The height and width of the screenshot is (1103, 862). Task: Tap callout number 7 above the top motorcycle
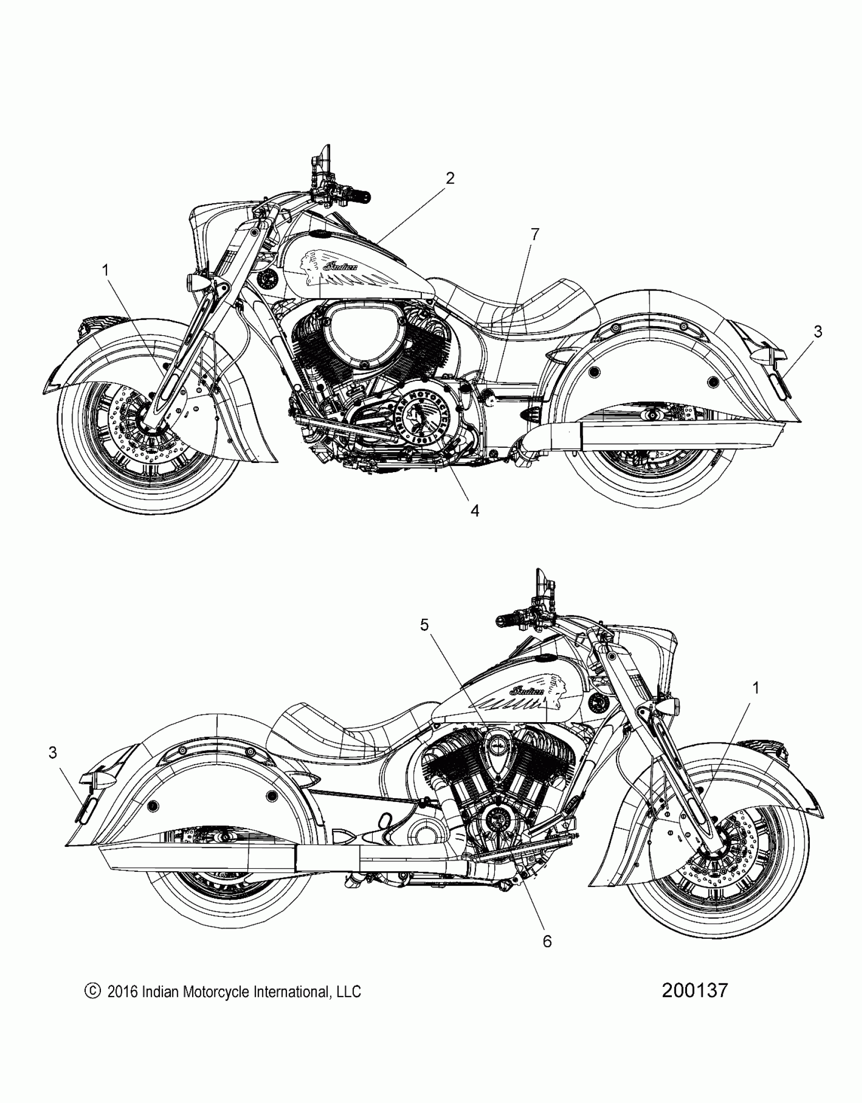[534, 234]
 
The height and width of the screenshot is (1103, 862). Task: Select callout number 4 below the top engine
[475, 510]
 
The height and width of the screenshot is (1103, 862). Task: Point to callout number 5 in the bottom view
[424, 626]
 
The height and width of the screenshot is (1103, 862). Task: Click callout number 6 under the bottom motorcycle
[547, 941]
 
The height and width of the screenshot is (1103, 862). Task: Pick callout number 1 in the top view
[105, 271]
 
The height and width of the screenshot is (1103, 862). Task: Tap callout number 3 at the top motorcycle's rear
[817, 332]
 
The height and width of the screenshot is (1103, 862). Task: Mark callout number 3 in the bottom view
[53, 753]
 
